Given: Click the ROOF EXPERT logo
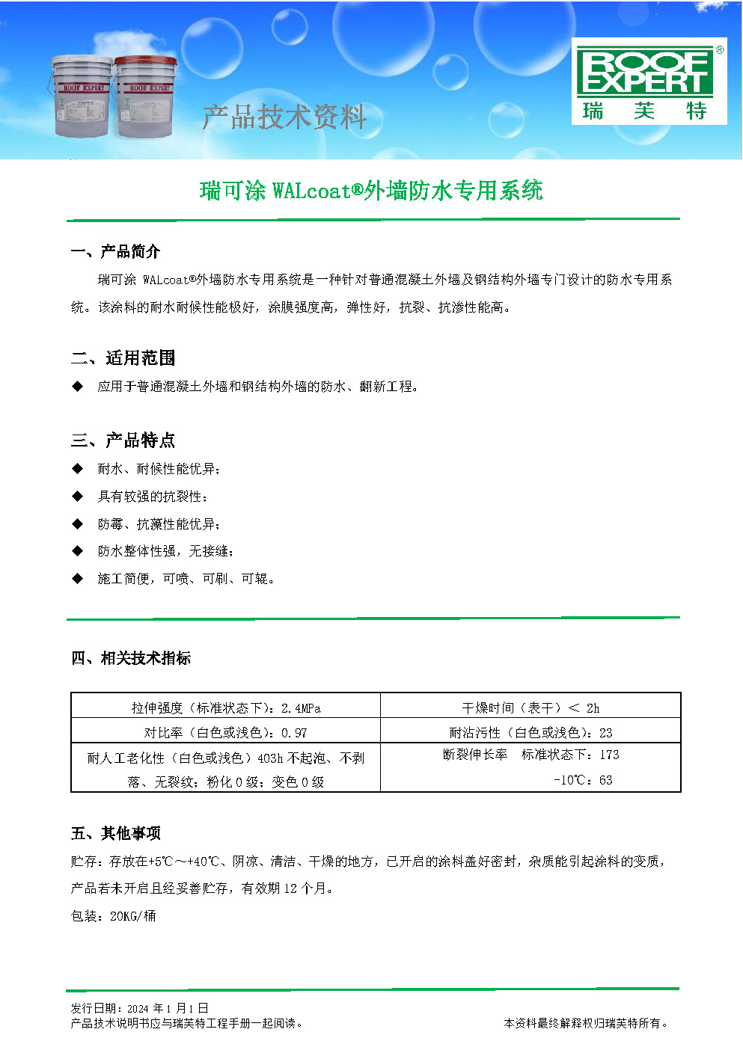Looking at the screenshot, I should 649,82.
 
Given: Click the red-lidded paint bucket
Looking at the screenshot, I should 145,96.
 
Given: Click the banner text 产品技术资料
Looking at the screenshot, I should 284,117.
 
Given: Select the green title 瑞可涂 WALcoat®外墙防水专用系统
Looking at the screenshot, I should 371,191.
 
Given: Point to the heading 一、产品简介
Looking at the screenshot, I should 115,251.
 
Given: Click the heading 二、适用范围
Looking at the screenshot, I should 123,358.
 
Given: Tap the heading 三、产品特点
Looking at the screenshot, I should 123,440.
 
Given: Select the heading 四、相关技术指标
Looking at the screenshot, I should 131,658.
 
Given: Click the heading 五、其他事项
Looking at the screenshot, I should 116,833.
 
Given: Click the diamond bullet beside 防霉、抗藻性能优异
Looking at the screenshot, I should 77,524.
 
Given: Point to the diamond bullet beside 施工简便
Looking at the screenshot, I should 77,578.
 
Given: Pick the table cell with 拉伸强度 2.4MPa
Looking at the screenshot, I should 226,707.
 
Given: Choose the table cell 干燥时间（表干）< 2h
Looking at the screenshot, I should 531,707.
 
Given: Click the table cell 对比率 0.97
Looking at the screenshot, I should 226,732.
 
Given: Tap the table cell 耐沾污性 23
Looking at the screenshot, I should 531,732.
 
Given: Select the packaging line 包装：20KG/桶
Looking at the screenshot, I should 114,916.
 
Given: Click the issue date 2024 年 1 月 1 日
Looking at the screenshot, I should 168,1008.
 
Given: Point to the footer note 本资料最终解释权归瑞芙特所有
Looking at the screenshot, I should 586,1023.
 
